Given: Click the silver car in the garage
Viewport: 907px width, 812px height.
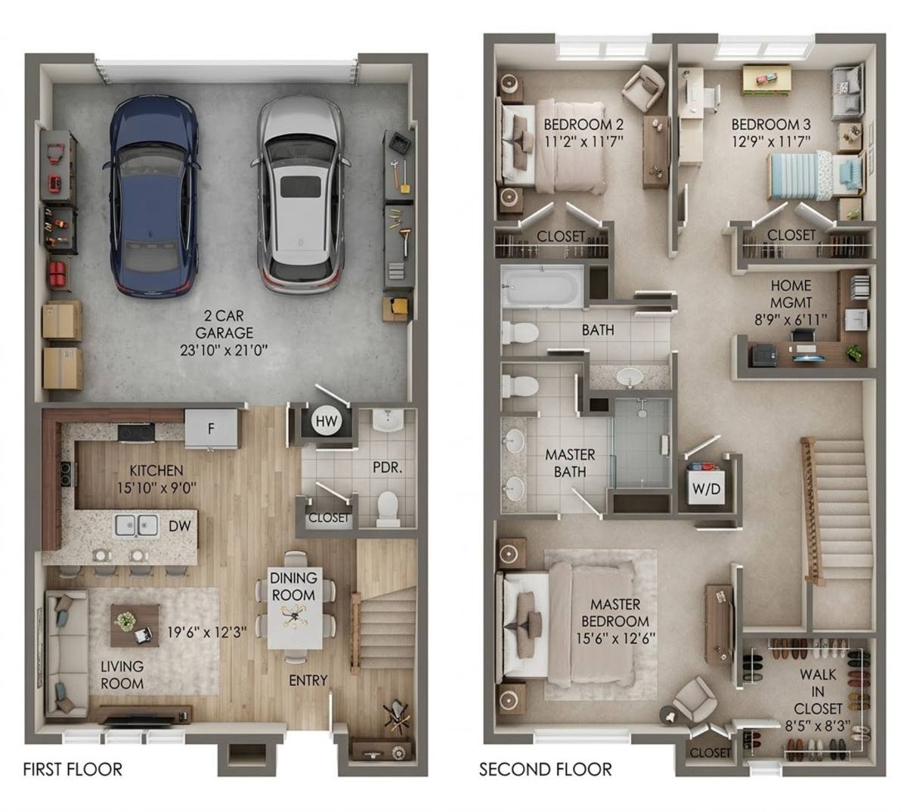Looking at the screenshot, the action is (x=300, y=194).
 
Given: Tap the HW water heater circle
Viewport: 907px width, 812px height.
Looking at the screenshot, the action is (x=327, y=420).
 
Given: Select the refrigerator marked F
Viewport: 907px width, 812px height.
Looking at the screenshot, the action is (x=211, y=428).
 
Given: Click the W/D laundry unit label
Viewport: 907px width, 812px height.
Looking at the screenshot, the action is (x=706, y=488).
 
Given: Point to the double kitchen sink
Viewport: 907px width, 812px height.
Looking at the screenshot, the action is (x=137, y=525).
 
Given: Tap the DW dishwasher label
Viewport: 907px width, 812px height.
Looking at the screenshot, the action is (x=180, y=525).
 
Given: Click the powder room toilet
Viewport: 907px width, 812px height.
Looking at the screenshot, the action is (x=388, y=509).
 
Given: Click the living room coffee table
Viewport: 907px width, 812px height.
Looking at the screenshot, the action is (x=135, y=625).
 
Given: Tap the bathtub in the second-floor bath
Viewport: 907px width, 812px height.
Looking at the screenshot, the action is (x=542, y=287).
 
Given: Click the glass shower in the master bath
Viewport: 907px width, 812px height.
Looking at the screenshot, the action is (x=642, y=442).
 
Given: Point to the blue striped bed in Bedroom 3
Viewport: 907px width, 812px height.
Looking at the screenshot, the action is (x=816, y=175).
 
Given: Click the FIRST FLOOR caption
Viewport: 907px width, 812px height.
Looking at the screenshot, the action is (x=73, y=769).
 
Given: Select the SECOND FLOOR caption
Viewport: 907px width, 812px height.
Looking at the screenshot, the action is (x=545, y=769).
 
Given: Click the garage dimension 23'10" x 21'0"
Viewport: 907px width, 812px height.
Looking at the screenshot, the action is (x=224, y=350).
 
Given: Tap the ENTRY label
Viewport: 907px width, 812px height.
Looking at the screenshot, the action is (x=308, y=680).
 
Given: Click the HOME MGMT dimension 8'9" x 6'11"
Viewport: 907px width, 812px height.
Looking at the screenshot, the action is (x=791, y=320).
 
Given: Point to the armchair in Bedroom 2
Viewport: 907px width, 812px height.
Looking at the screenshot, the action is (x=645, y=88).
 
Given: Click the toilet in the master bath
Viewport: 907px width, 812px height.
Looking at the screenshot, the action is (x=519, y=386).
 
